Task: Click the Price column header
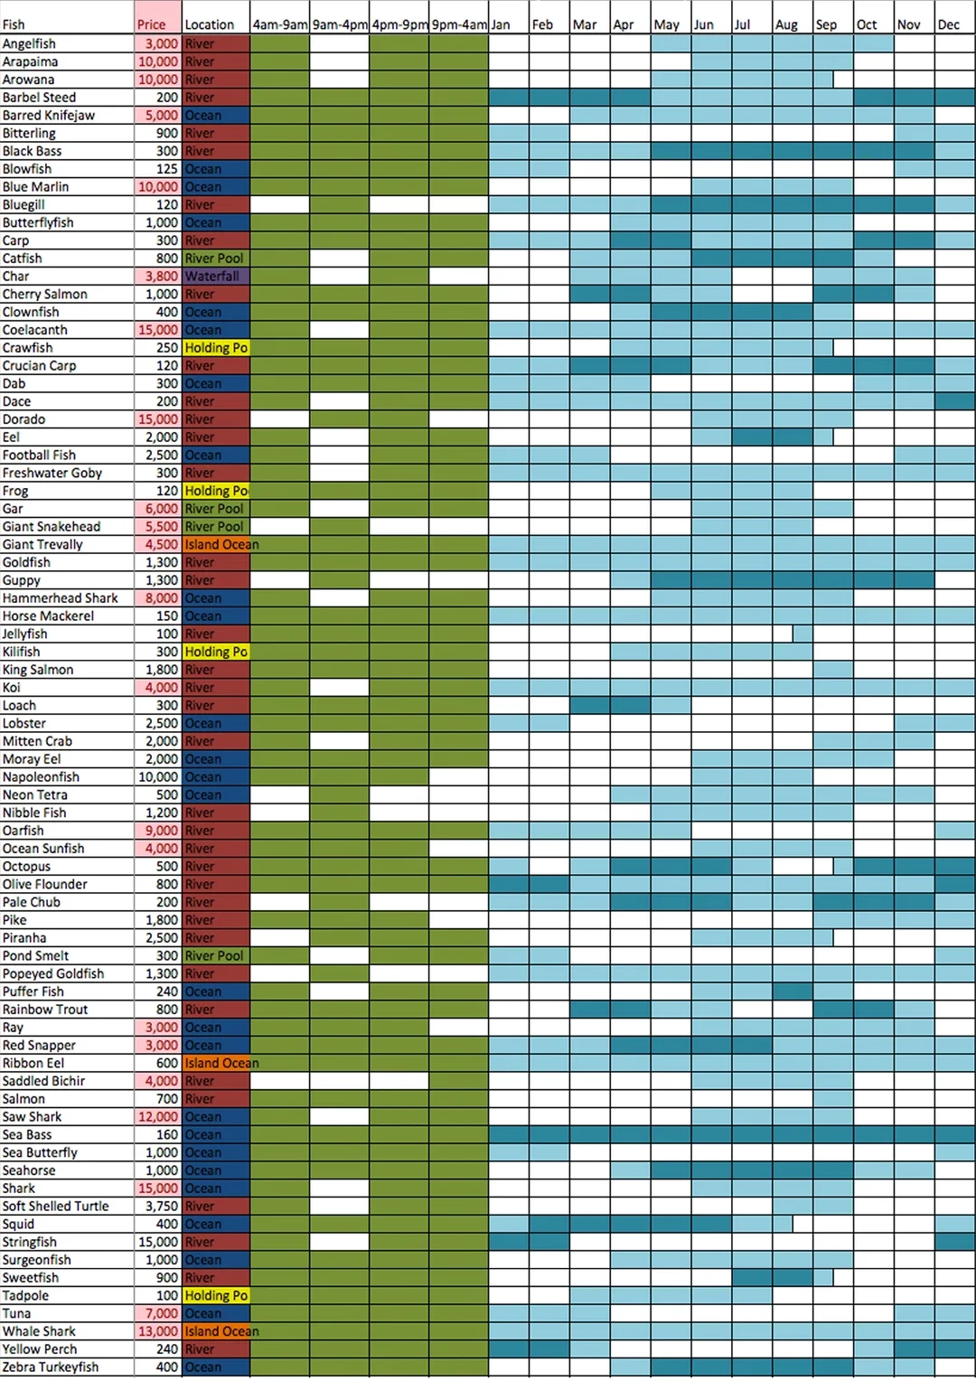point(152,24)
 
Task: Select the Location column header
point(210,24)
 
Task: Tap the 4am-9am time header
point(280,24)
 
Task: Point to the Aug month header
point(786,24)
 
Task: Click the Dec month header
point(949,24)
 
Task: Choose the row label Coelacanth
point(35,330)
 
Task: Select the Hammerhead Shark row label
point(61,598)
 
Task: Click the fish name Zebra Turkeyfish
point(51,1367)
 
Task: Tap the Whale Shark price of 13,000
point(158,1331)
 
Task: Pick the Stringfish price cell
point(158,1242)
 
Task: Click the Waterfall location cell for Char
point(215,277)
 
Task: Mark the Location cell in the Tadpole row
point(216,1296)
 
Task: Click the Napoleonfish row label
point(41,777)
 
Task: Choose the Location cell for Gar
point(215,509)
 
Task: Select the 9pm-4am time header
point(459,24)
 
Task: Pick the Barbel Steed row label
point(39,98)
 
